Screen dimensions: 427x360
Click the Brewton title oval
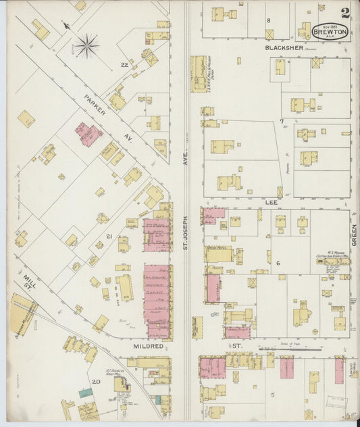(330, 32)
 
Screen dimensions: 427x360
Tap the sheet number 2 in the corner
(345, 13)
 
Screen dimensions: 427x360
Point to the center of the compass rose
(86, 47)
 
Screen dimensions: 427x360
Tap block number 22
(124, 65)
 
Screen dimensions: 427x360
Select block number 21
(108, 236)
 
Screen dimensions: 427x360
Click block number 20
(96, 382)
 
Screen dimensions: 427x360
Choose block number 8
(268, 21)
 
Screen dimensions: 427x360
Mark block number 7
(281, 122)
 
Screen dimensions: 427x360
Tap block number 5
(273, 394)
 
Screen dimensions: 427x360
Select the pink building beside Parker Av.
(86, 132)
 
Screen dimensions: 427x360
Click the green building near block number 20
(84, 392)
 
